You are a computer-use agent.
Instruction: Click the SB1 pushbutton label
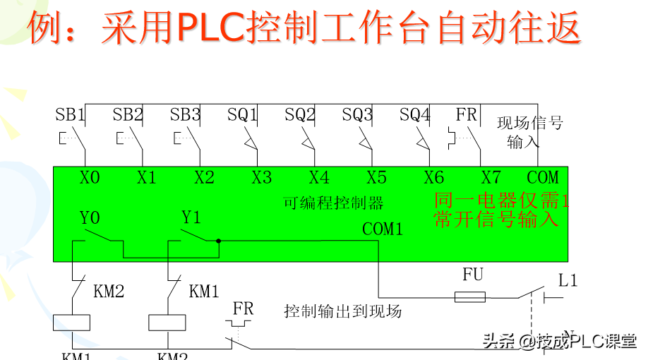click(x=71, y=114)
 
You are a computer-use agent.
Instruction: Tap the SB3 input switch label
click(x=186, y=114)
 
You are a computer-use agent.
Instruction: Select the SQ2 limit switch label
click(x=301, y=114)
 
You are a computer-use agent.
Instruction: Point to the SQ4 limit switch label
click(x=415, y=114)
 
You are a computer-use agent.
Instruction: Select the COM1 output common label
click(x=383, y=229)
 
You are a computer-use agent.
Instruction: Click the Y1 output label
click(x=191, y=217)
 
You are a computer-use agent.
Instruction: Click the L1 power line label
click(x=568, y=281)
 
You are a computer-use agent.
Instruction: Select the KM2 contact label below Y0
click(x=109, y=291)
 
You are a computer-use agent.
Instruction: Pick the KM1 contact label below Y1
click(x=204, y=291)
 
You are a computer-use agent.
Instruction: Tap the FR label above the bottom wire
click(x=243, y=308)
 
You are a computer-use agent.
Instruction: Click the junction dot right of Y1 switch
click(x=219, y=241)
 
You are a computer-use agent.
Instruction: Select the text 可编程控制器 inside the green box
click(x=333, y=203)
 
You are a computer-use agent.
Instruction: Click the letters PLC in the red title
click(x=209, y=28)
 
